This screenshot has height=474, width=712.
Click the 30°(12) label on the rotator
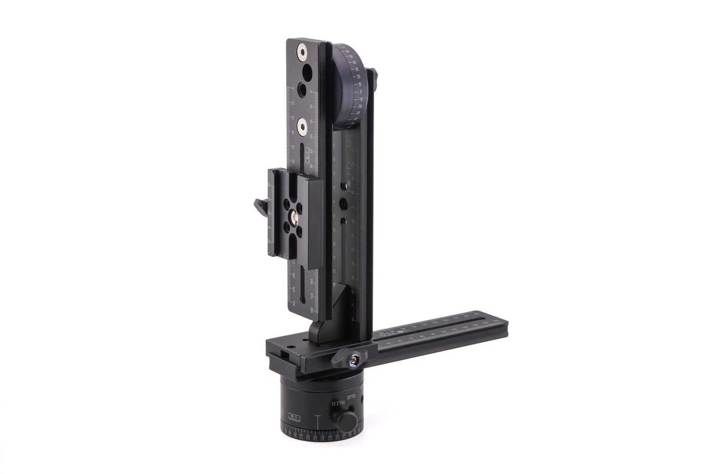(x=353, y=396)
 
